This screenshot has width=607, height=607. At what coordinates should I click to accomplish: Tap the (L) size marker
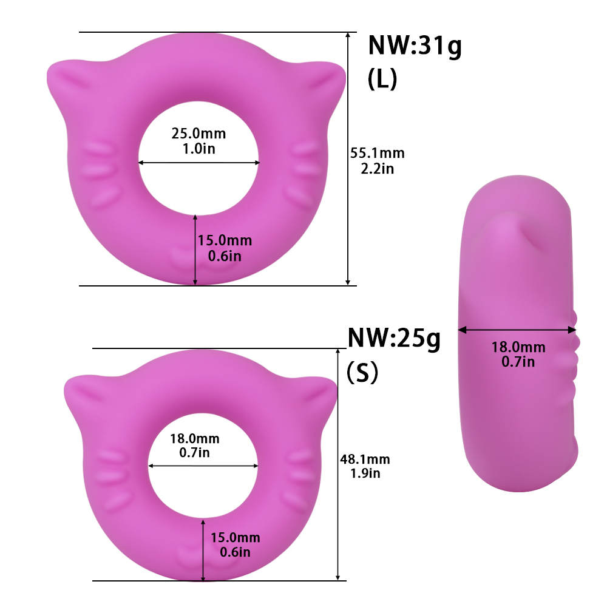382,79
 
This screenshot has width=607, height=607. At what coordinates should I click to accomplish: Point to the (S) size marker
362,373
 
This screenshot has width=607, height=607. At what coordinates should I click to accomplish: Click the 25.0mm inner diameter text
198,134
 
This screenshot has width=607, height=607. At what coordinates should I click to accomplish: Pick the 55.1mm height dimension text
378,154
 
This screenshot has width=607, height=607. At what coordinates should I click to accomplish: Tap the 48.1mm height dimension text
365,459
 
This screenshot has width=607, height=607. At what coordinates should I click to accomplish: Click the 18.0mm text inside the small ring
195,439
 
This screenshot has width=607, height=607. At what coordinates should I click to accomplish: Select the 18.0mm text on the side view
518,347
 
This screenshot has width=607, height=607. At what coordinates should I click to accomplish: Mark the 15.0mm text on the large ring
225,241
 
